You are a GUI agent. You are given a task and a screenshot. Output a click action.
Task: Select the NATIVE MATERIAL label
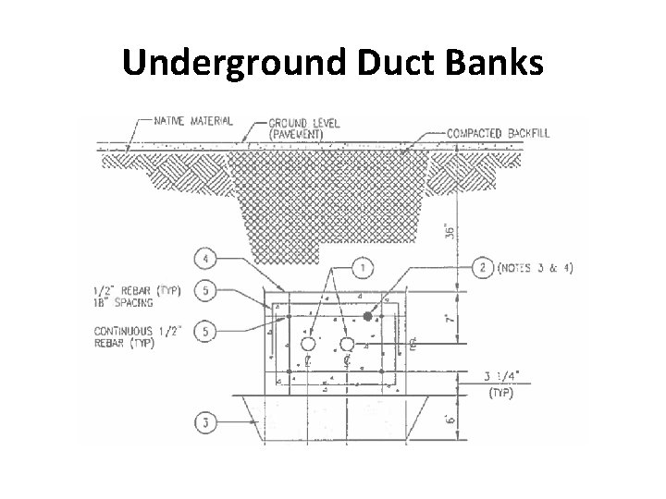click(x=192, y=120)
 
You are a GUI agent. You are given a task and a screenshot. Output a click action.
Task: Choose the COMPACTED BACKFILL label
click(x=498, y=133)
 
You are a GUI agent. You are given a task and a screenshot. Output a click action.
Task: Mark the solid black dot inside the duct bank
click(x=368, y=316)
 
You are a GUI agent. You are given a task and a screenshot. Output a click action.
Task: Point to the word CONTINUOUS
click(x=117, y=330)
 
